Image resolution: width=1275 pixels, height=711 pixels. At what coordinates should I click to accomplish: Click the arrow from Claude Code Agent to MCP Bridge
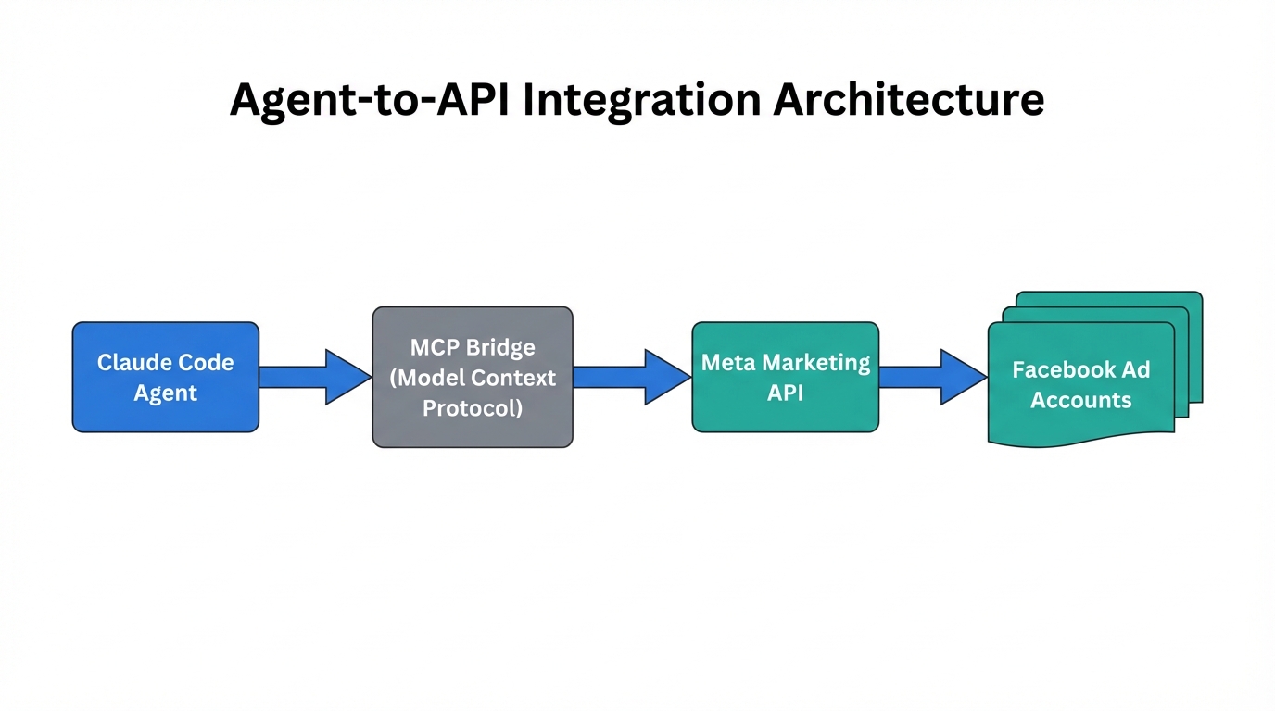pyautogui.click(x=315, y=377)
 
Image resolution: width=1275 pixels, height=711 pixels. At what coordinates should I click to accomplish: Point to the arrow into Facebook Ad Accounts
pyautogui.click(x=932, y=377)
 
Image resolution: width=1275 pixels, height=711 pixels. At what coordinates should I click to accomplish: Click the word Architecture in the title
pyautogui.click(x=909, y=100)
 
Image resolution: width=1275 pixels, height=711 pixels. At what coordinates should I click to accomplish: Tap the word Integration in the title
pyautogui.click(x=643, y=100)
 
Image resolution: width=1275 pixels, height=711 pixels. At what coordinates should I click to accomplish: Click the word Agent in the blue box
pyautogui.click(x=165, y=393)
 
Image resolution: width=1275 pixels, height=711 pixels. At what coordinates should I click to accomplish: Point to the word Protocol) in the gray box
pyautogui.click(x=473, y=407)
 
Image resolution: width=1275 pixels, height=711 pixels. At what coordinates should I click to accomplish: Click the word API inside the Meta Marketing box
pyautogui.click(x=785, y=393)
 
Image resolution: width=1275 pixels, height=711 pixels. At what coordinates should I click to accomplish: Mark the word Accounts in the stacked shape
pyautogui.click(x=1080, y=400)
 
